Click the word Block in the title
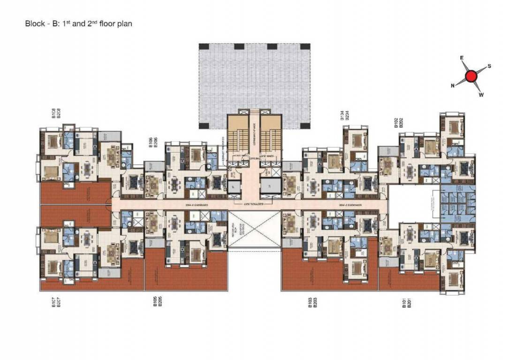tap(34, 23)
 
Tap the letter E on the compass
tap(462, 58)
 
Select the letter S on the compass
tap(489, 66)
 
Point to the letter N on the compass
tap(453, 85)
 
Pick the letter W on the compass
tap(481, 95)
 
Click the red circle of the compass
tap(471, 76)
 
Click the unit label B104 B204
tap(344, 116)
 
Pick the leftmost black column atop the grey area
tap(204, 46)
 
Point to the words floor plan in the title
tap(116, 23)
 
